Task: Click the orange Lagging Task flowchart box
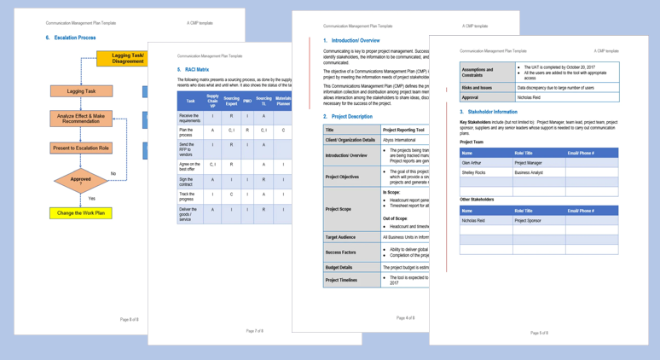pos(81,91)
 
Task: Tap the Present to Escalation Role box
pos(81,148)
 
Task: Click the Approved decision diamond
pos(81,181)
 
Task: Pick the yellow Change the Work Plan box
pos(81,213)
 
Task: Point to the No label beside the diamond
pos(113,174)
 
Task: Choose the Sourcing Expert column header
pos(231,101)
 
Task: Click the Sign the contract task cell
pos(189,181)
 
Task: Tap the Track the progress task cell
pos(189,195)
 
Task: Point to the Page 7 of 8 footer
pos(254,331)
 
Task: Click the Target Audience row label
pos(340,237)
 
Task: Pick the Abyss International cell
pos(400,140)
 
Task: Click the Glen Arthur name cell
pos(472,163)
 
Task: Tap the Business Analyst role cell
pos(530,172)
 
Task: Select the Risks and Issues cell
pos(478,88)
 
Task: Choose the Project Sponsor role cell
pos(528,220)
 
